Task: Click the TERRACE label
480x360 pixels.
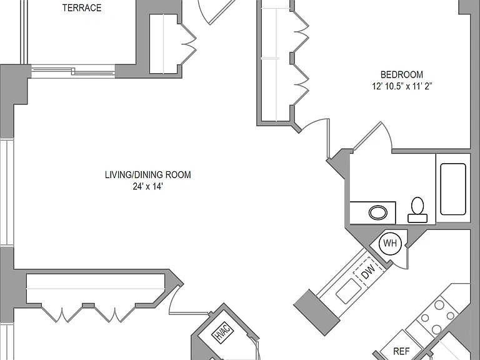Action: [82, 7]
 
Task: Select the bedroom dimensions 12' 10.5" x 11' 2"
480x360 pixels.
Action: [402, 86]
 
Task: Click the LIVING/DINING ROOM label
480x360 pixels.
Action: [148, 175]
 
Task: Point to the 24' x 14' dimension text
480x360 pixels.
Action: [147, 186]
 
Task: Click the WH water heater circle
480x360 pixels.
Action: [390, 244]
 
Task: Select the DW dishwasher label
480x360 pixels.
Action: [368, 272]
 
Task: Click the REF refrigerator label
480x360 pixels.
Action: [401, 351]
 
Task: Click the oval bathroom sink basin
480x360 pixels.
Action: [378, 212]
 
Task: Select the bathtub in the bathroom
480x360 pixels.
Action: [453, 189]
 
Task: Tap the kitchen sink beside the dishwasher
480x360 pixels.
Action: [348, 291]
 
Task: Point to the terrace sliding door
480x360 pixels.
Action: [73, 71]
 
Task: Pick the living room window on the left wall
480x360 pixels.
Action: [6, 192]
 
